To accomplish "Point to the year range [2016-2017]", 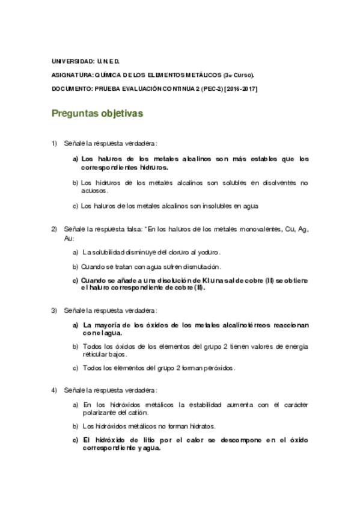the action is click(x=240, y=88).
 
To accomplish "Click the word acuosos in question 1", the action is click(x=93, y=190).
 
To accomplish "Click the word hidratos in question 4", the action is click(x=201, y=426).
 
